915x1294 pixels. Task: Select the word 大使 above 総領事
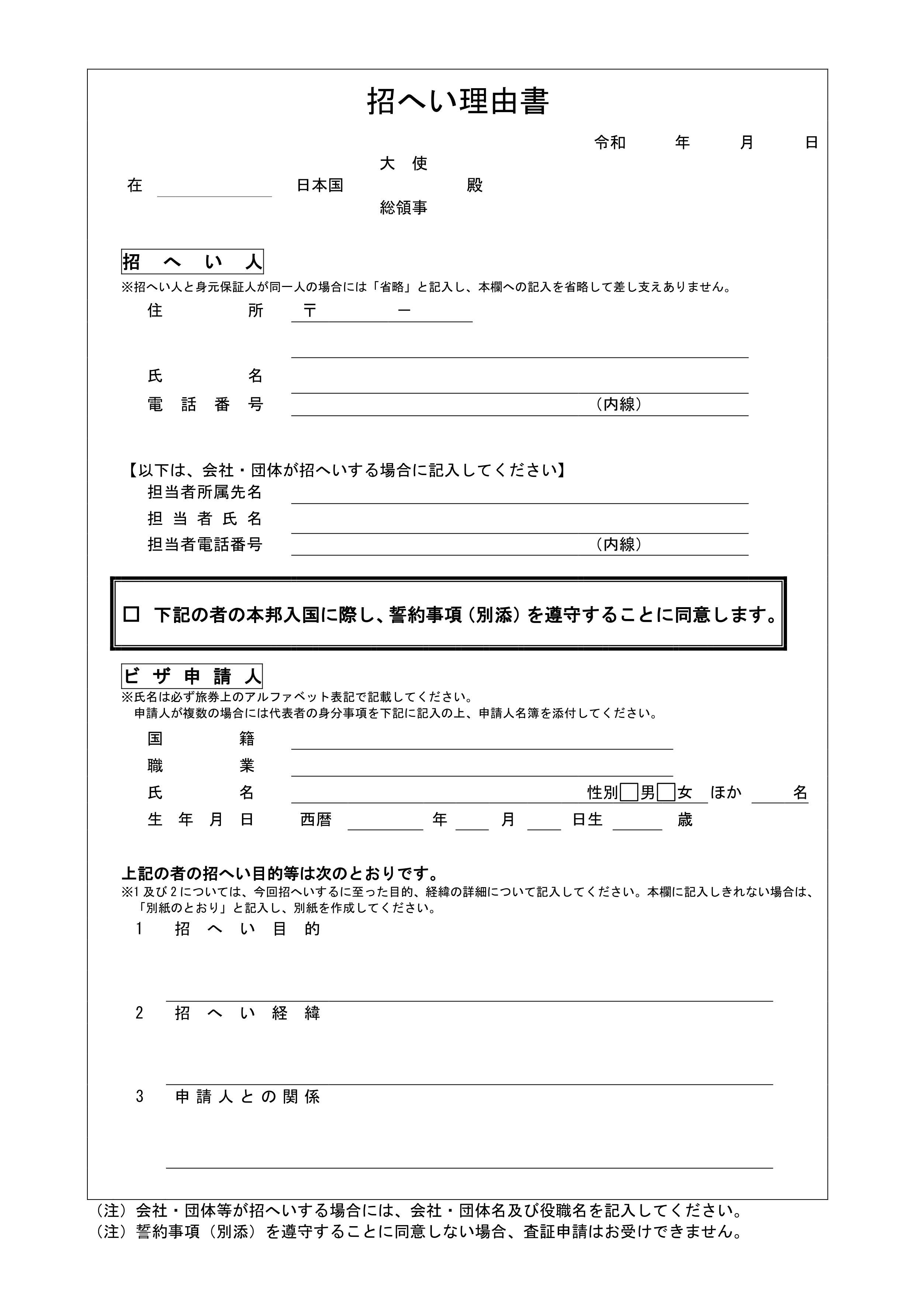(x=403, y=163)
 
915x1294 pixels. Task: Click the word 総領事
(x=403, y=208)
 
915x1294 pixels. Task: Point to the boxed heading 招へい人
(x=193, y=262)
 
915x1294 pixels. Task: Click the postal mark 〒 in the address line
(x=309, y=311)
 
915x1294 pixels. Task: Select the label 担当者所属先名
(x=205, y=492)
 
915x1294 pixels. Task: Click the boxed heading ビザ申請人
(x=192, y=676)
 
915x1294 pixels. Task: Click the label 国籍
(x=201, y=738)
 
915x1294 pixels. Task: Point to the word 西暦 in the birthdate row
(x=316, y=820)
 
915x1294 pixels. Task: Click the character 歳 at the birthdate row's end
(x=684, y=820)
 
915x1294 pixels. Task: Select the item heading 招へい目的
(x=247, y=929)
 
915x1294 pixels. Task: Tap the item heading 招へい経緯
(x=247, y=1013)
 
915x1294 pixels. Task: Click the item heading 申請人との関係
(x=247, y=1097)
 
